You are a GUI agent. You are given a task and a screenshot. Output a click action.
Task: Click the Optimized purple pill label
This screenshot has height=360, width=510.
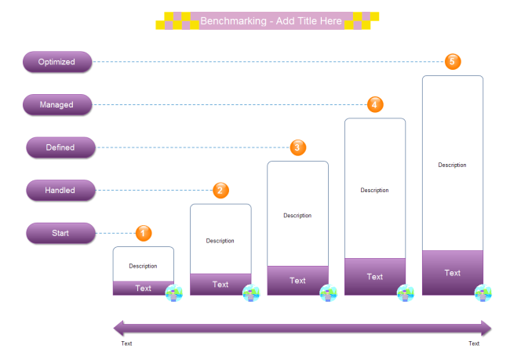pos(57,62)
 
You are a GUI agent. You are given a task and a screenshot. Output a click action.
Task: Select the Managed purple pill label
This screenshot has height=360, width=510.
pos(57,104)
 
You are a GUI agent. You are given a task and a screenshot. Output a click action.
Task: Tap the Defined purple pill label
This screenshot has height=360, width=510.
pos(60,147)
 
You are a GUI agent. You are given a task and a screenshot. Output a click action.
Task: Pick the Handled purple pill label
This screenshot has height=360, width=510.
pos(60,190)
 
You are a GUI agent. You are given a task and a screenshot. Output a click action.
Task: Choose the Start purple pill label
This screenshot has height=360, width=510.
pos(60,233)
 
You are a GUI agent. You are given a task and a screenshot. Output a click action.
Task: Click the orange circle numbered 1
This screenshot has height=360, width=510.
pos(144,233)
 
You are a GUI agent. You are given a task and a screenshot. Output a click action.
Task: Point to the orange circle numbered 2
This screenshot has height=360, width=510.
pos(221,190)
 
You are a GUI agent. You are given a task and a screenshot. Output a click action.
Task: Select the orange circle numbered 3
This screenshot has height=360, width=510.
pos(297,147)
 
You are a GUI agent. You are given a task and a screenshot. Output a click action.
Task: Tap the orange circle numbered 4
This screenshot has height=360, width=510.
pos(375,104)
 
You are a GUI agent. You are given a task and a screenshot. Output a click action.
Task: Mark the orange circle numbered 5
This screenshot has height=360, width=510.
pos(453,61)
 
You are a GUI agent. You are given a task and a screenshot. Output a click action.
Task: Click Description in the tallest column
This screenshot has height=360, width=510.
pos(452,165)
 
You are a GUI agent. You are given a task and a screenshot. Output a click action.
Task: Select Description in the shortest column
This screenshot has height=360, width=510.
pos(143,267)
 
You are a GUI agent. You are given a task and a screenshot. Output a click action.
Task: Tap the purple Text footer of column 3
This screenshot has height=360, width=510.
pos(297,281)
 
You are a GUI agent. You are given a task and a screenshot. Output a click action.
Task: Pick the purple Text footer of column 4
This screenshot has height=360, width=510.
pos(375,277)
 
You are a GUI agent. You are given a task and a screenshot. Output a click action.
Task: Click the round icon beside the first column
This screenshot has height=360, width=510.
pos(174,293)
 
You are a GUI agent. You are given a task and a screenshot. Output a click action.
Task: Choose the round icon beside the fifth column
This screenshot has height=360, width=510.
pos(483,293)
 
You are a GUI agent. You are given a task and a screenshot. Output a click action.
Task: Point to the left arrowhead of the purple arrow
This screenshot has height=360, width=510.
pos(120,328)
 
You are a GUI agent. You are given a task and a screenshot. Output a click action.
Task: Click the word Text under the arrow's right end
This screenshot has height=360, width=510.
pos(474,344)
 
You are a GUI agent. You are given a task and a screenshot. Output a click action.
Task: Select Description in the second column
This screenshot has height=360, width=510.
pos(220,241)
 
